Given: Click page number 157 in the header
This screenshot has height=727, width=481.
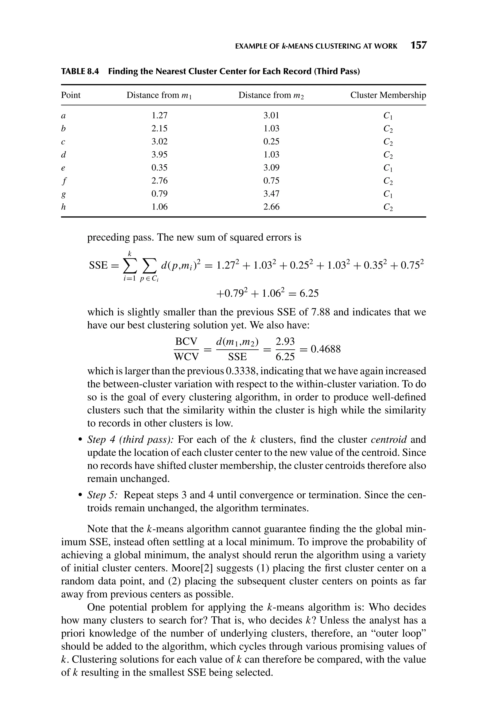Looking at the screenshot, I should point(419,45).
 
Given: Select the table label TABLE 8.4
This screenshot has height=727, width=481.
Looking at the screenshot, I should point(80,71).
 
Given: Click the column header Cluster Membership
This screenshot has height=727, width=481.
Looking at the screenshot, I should point(388,95).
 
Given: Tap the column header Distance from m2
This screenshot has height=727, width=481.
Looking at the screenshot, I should point(271,95).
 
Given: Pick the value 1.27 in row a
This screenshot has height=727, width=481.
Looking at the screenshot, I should point(159,116).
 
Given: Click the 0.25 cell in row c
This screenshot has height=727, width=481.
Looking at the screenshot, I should point(271,142).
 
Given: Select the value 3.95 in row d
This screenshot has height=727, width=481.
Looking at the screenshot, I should point(159,155).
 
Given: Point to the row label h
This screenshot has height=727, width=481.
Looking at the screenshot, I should point(63,207).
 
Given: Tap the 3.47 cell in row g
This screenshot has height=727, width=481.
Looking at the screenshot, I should point(271,194).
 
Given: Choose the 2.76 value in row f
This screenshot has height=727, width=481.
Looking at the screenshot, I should point(159,181).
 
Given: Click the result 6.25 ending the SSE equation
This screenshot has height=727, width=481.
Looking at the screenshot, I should point(309,293).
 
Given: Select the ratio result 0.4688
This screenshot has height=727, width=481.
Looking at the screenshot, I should point(326,349).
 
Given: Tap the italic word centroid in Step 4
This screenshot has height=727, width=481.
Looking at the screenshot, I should point(389,440).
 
